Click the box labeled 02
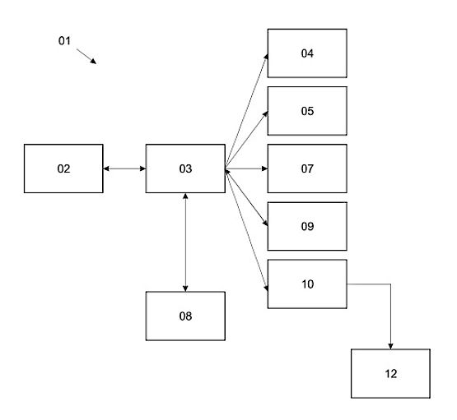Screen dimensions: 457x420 (63, 168)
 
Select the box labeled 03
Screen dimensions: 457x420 (185, 168)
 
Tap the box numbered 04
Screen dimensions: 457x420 (307, 53)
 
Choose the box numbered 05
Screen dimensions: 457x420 (307, 111)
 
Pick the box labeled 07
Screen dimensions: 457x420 (307, 168)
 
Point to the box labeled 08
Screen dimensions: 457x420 (185, 316)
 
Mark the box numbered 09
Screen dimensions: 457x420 (307, 226)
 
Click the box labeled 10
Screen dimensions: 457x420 (307, 284)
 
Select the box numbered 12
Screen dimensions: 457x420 (390, 373)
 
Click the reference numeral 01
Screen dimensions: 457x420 (64, 41)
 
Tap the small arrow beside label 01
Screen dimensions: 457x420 (86, 56)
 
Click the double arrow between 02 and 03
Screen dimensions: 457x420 (124, 168)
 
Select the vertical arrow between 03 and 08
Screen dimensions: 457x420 (185, 242)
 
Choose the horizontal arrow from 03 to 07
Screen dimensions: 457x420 (246, 168)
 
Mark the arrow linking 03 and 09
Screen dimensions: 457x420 (246, 197)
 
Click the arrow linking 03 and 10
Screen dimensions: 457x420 (246, 230)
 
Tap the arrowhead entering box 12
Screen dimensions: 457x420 (390, 346)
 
